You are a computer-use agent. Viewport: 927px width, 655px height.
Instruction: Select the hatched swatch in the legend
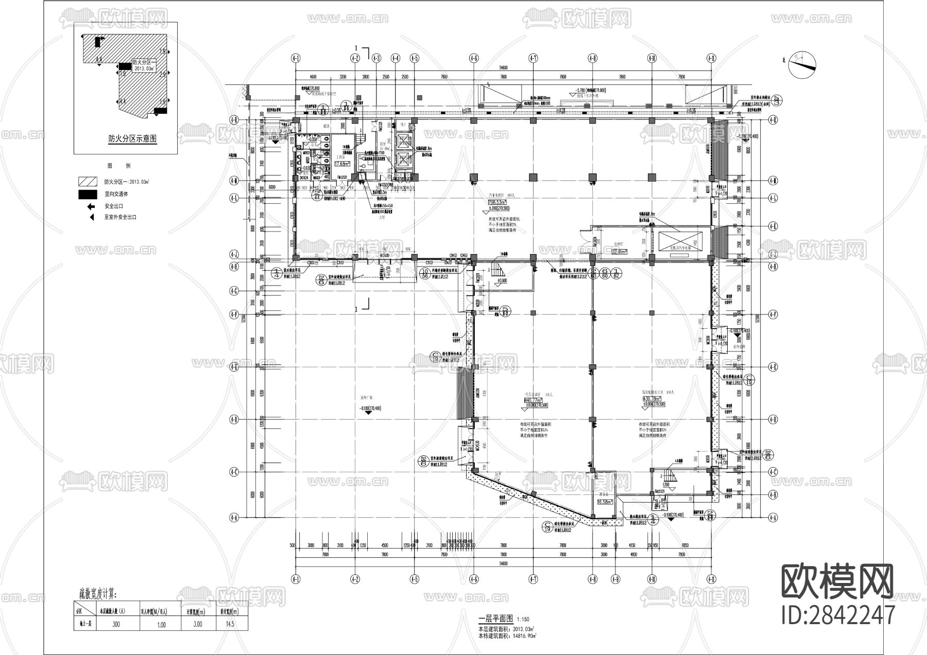[88, 182]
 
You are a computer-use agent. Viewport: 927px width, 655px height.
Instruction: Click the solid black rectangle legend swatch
[88, 194]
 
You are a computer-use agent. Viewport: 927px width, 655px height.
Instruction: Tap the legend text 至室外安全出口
[120, 217]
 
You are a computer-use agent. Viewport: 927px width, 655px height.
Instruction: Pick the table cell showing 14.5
[230, 624]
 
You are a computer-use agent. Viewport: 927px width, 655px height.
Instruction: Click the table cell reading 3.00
[198, 624]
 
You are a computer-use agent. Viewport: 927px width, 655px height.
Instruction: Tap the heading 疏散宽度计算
[97, 595]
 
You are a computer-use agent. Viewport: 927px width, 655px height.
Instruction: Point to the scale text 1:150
[523, 619]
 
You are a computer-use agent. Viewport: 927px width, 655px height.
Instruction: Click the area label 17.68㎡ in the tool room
[342, 164]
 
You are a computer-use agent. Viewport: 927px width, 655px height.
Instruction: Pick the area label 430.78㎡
[651, 399]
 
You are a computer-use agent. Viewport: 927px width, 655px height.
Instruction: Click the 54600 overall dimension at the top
[503, 67]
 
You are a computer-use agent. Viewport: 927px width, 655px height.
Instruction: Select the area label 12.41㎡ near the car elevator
[620, 252]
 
